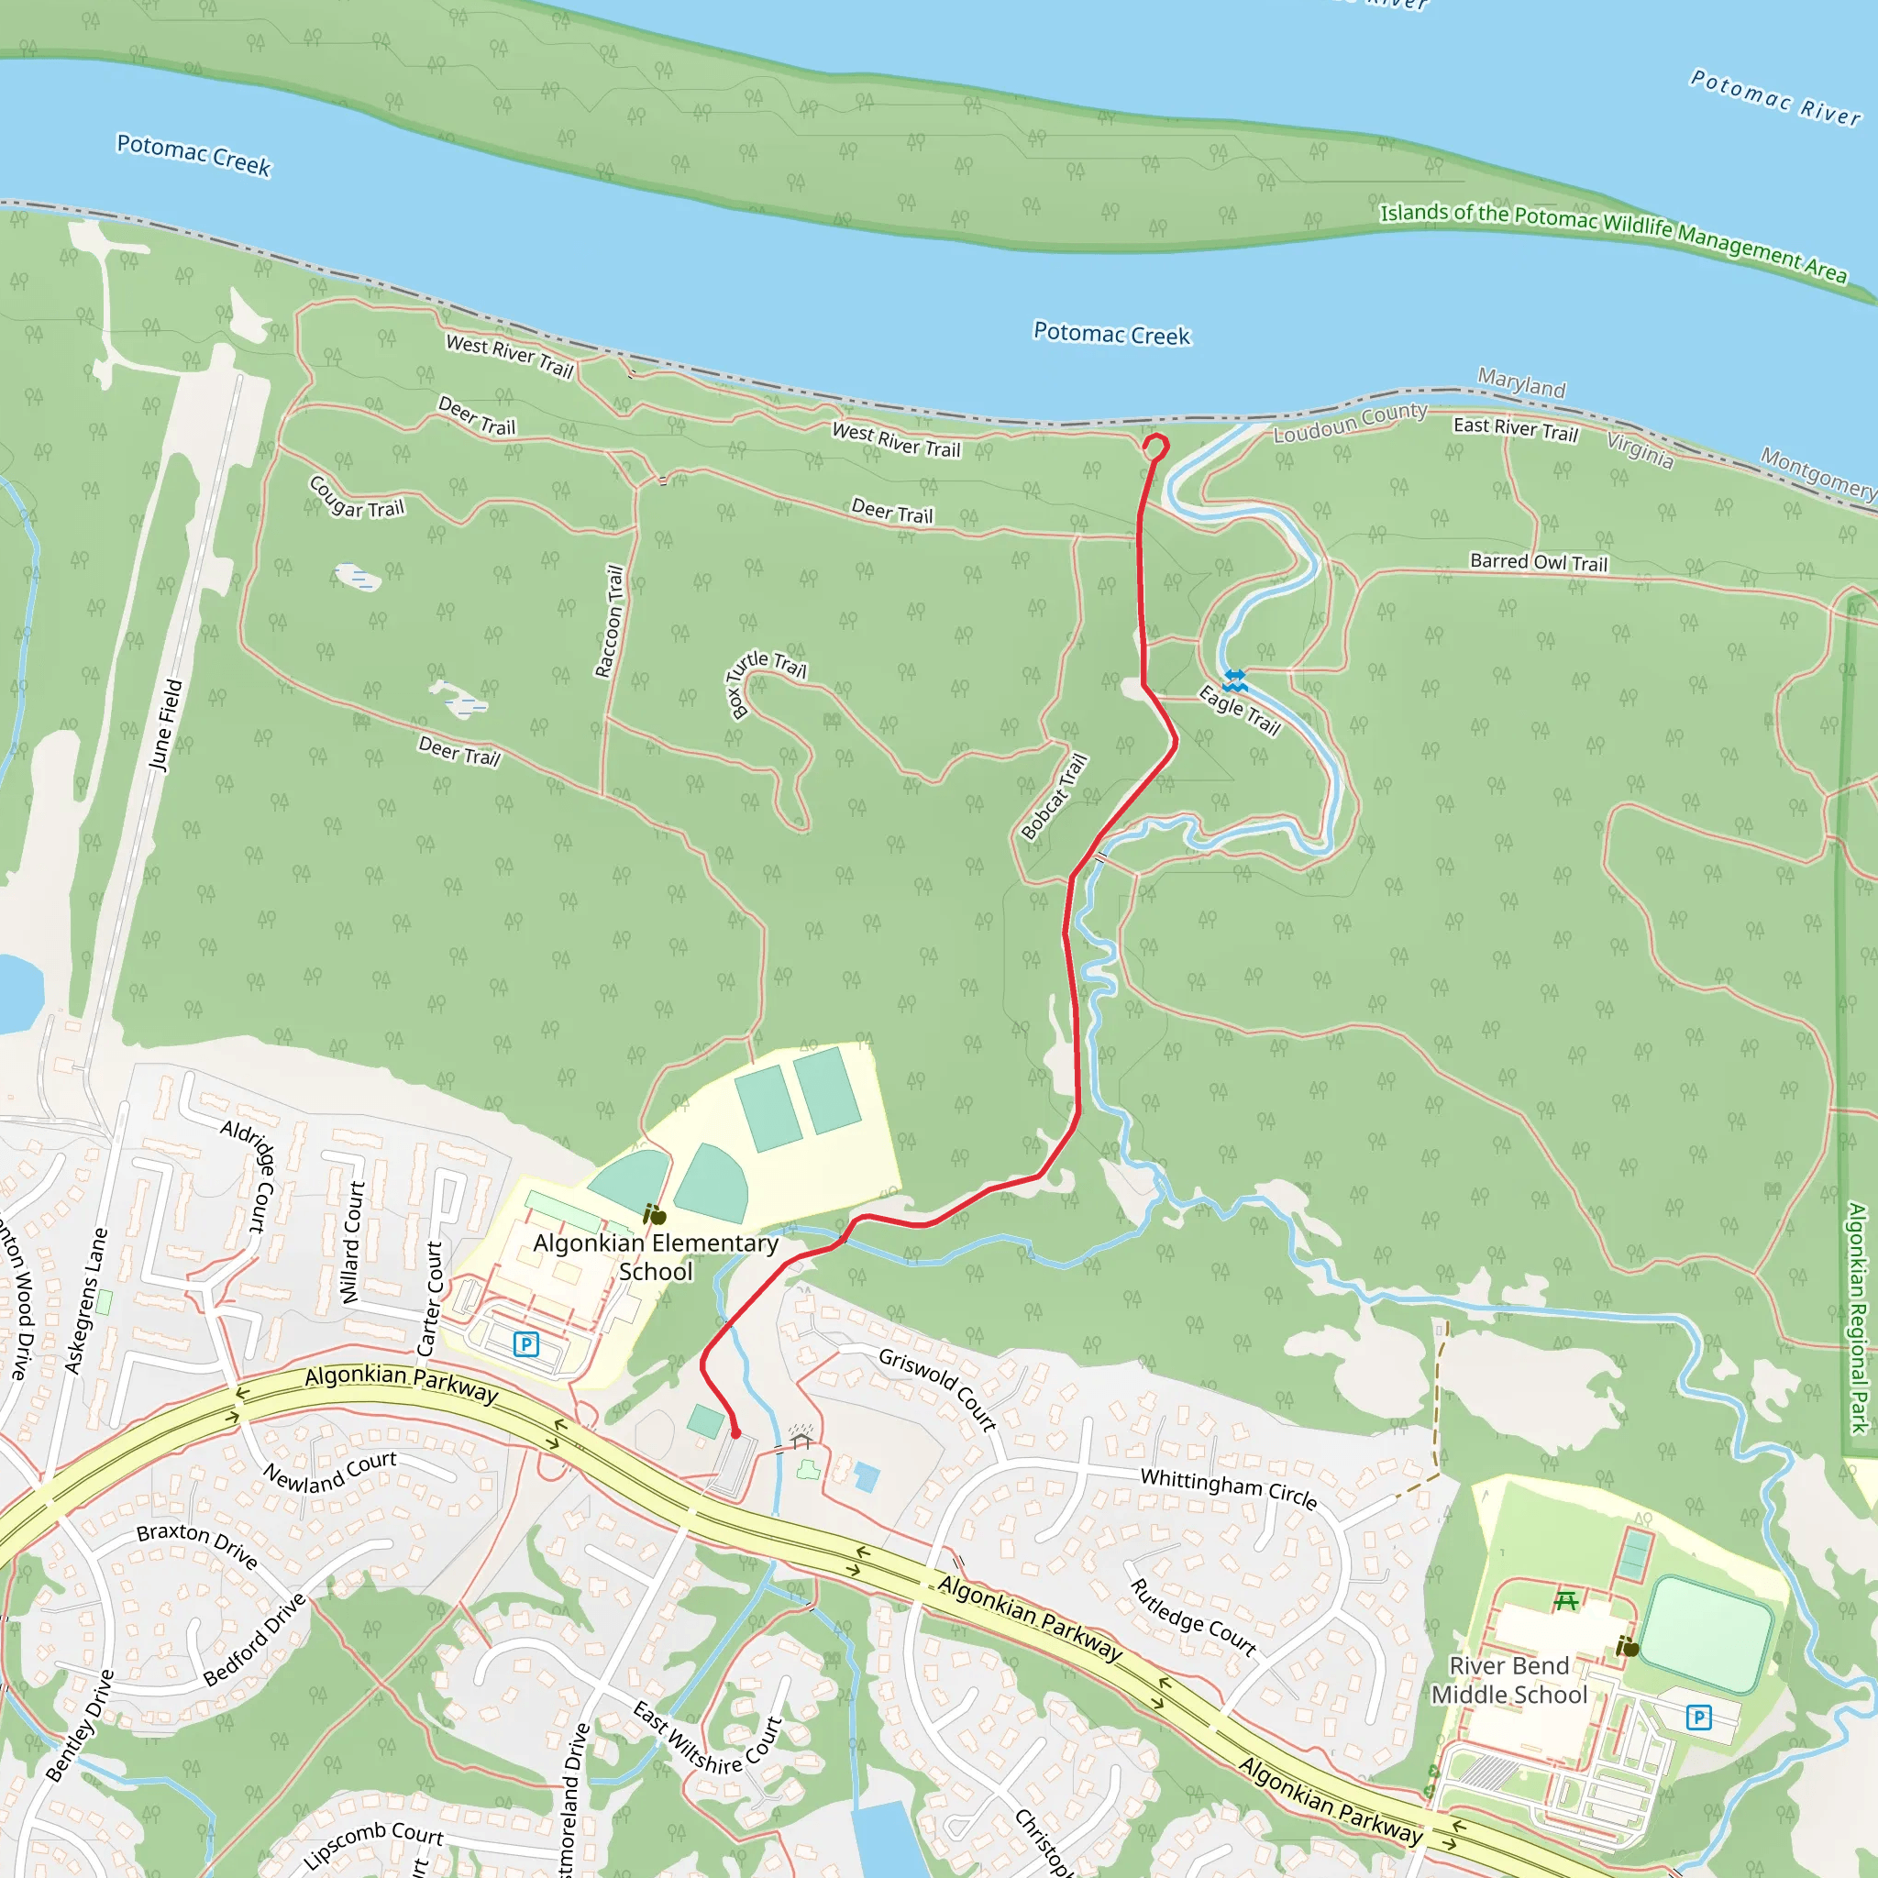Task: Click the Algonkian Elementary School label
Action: click(657, 1257)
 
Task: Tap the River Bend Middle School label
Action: click(1508, 1680)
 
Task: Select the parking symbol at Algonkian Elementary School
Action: click(525, 1344)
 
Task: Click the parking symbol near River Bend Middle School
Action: click(1698, 1718)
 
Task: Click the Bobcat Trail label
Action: click(1054, 796)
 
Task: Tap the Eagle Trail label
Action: click(1240, 711)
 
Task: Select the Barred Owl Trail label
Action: click(1539, 562)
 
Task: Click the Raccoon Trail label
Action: click(610, 621)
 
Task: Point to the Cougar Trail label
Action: click(356, 497)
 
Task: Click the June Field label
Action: click(165, 724)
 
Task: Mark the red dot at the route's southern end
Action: click(735, 1433)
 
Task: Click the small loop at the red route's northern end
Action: click(1154, 447)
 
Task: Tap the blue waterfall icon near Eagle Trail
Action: click(1234, 679)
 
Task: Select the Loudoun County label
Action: click(1350, 422)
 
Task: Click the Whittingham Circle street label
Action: click(1229, 1488)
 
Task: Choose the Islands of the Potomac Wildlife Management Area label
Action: click(1613, 241)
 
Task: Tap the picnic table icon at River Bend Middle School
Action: click(1565, 1600)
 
